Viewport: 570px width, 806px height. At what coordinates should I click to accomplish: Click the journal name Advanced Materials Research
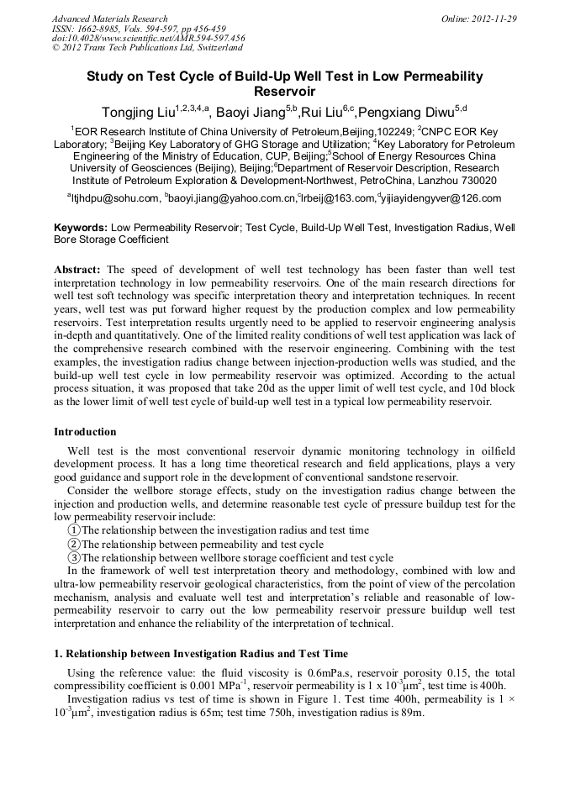pos(109,18)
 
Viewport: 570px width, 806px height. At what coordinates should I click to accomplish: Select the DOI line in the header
pos(148,38)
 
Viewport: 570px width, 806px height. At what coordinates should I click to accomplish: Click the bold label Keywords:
pos(81,228)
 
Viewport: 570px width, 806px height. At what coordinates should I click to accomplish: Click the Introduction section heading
pos(85,432)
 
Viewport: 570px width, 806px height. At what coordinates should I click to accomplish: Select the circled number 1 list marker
pos(74,530)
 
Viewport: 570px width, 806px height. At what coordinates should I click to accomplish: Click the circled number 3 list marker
pos(74,557)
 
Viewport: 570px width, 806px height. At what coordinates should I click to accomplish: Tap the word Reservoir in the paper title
pos(284,91)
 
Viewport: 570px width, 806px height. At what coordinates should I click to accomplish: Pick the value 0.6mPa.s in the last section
pos(328,673)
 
